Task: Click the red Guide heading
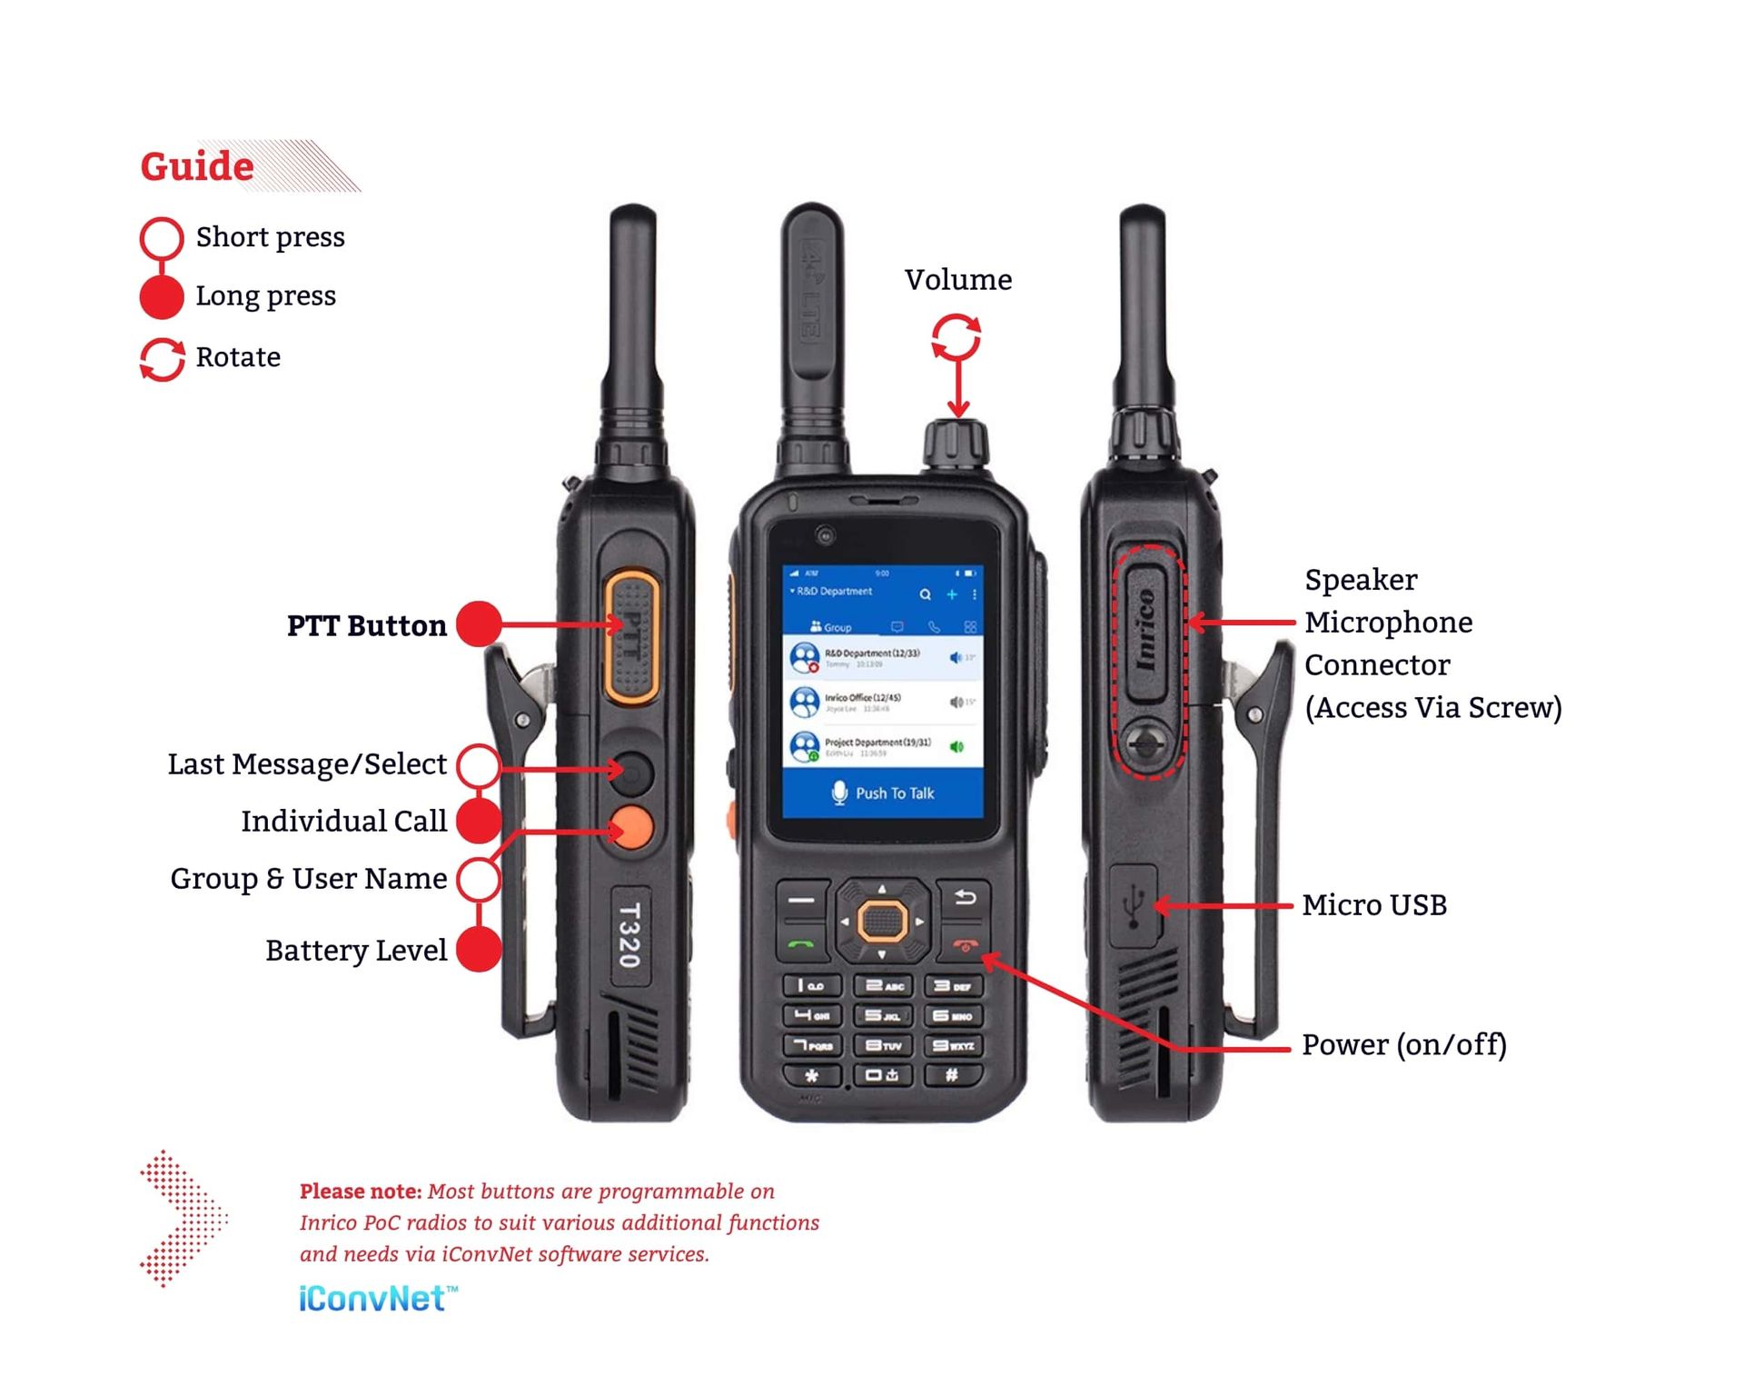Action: (x=197, y=166)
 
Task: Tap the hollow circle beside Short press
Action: (x=162, y=237)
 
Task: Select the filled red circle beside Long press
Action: (x=162, y=297)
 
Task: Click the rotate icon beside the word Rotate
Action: (x=162, y=359)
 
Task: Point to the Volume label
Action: (x=957, y=280)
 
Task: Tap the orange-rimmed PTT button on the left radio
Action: (x=631, y=636)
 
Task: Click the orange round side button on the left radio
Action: (x=632, y=827)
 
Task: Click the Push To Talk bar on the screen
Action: (x=883, y=793)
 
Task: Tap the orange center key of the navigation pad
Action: (x=881, y=922)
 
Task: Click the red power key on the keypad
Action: (x=965, y=945)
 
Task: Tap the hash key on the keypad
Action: (x=952, y=1076)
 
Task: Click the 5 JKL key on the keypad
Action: (x=883, y=1016)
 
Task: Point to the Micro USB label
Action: (x=1373, y=905)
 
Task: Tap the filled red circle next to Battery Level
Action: (x=478, y=950)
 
